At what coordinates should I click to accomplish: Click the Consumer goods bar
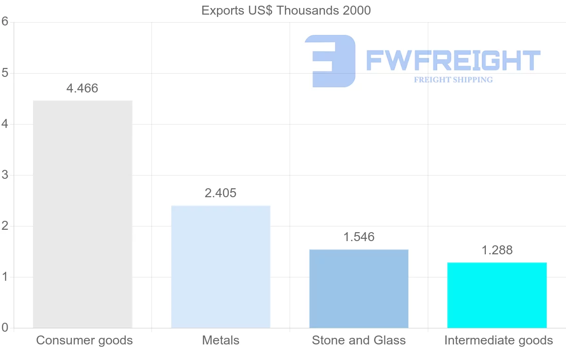pos(83,214)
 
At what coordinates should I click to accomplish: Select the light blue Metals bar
pos(221,267)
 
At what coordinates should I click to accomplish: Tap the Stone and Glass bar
pos(358,288)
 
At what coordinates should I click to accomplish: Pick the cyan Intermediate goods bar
pos(497,295)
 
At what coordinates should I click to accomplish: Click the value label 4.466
pos(83,88)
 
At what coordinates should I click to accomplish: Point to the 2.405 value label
pos(221,193)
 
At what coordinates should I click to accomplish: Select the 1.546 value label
pos(359,237)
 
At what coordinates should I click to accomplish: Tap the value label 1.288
pos(497,250)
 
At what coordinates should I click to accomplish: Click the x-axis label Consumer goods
pos(84,340)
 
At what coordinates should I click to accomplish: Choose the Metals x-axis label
pos(221,340)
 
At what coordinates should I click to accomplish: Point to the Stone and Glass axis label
pos(359,340)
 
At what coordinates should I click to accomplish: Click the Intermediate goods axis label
pos(499,340)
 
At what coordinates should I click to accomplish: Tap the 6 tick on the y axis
pos(5,22)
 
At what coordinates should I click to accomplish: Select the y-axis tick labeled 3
pos(5,175)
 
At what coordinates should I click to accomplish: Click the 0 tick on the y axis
pos(5,327)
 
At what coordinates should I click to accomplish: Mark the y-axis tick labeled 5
pos(5,73)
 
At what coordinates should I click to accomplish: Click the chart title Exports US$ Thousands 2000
pos(286,10)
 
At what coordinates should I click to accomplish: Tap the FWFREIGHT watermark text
pos(453,60)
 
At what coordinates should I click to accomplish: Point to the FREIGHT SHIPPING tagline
pos(453,80)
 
